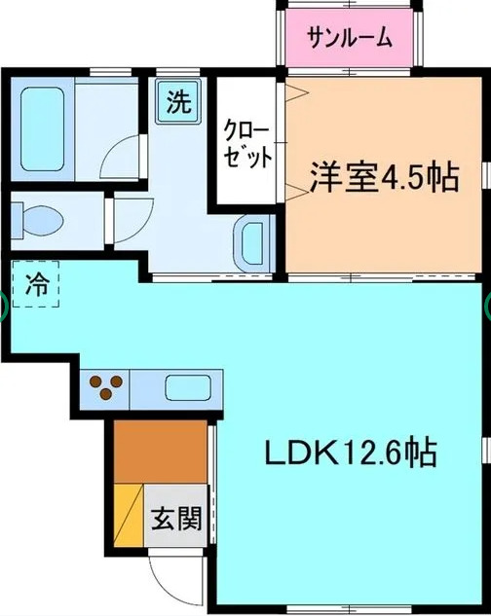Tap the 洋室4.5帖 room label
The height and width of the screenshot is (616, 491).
pos(385,179)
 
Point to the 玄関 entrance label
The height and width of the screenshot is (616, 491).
pos(176,520)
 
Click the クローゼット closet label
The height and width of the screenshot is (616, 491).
pos(248,145)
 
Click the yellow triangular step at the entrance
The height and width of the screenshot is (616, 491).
pos(129,516)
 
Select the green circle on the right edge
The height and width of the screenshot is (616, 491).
pos(487,307)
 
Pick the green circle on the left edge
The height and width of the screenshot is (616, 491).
pos(3,307)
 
